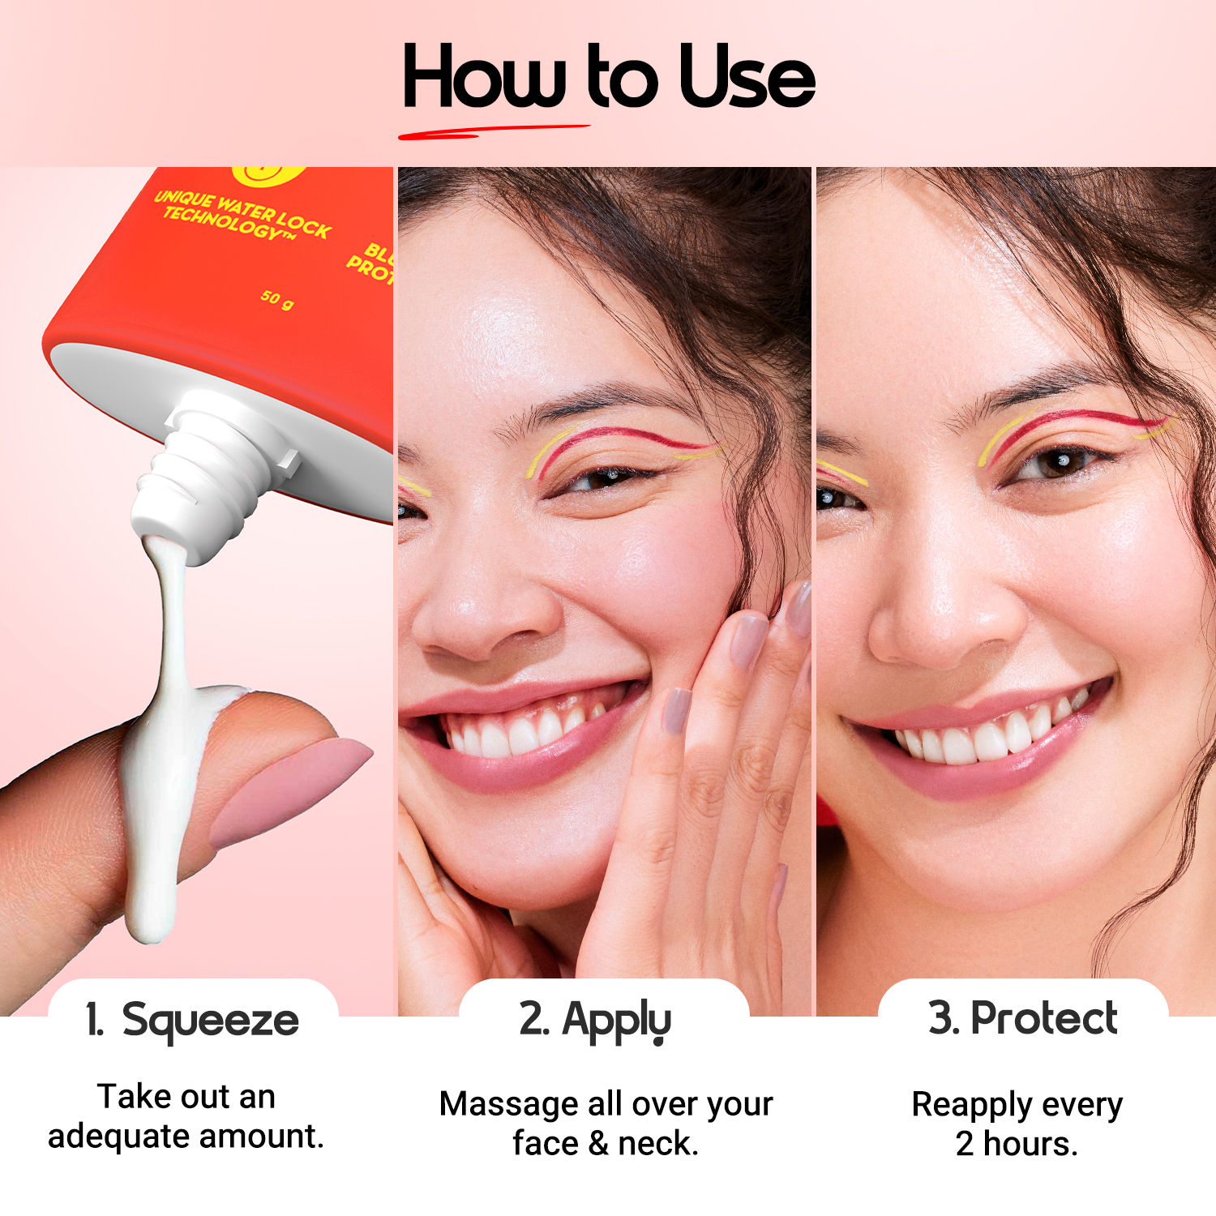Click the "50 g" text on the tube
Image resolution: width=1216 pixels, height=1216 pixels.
tap(276, 299)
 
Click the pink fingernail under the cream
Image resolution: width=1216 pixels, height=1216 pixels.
tap(288, 790)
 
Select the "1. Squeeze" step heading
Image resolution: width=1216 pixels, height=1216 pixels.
tap(193, 1020)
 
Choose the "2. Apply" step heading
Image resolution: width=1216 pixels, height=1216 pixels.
tap(595, 1020)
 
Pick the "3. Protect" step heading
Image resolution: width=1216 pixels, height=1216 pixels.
tap(1023, 1018)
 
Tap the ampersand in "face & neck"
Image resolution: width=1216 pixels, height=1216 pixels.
tap(598, 1144)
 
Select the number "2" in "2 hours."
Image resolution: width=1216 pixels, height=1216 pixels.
tap(965, 1144)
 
